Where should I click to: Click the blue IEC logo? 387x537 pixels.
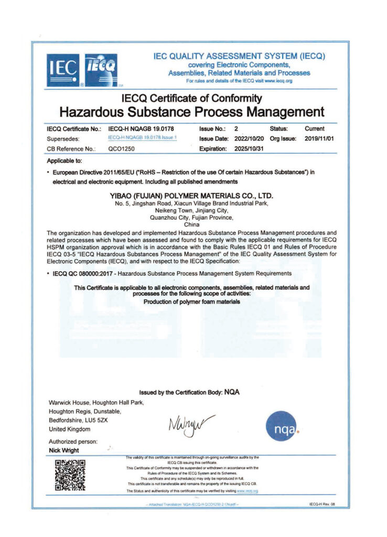pos(63,70)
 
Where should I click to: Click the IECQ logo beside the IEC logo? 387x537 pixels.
pos(101,70)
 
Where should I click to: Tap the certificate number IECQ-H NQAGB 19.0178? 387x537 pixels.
pos(141,128)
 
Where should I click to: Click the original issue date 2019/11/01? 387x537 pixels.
pos(319,138)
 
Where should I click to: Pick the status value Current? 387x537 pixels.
pos(314,128)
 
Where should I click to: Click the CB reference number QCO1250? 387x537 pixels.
pos(122,148)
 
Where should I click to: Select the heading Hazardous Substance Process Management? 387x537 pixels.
pos(191,112)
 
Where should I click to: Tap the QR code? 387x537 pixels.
pos(70,476)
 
